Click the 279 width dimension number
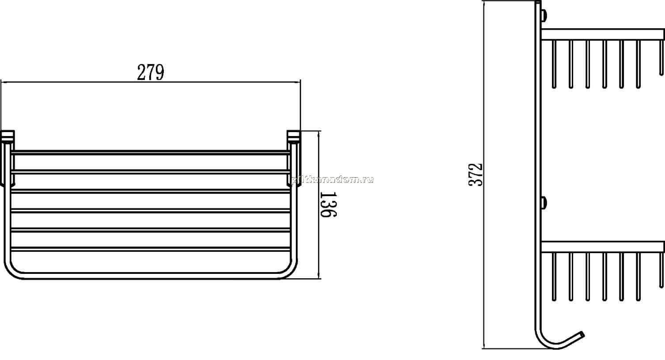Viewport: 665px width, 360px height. coord(151,72)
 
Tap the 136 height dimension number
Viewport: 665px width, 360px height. coord(328,205)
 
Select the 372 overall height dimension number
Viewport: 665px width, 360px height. coord(475,174)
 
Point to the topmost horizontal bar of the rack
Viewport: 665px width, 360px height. coord(151,152)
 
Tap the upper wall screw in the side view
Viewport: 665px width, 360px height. coord(544,16)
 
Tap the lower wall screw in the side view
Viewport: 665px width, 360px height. coord(544,203)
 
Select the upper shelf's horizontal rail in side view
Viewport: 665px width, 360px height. coord(603,34)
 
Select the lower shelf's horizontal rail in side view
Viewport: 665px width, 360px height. coord(603,247)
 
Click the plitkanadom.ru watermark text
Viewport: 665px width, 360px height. coord(332,180)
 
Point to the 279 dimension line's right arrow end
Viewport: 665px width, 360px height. coord(300,82)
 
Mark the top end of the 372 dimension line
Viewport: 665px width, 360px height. coord(484,1)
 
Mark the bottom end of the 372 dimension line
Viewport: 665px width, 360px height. coord(484,349)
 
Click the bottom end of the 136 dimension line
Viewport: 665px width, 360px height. coord(319,279)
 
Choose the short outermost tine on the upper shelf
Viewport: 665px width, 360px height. coord(661,57)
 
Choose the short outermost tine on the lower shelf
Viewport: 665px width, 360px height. coord(661,270)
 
